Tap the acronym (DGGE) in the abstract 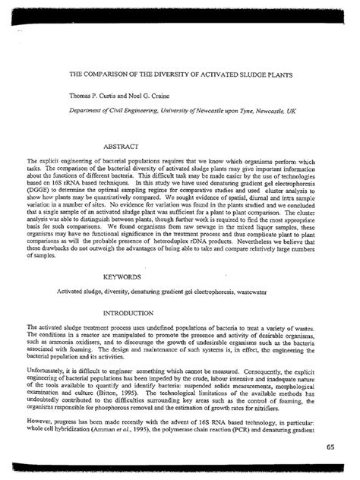(39, 187)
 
